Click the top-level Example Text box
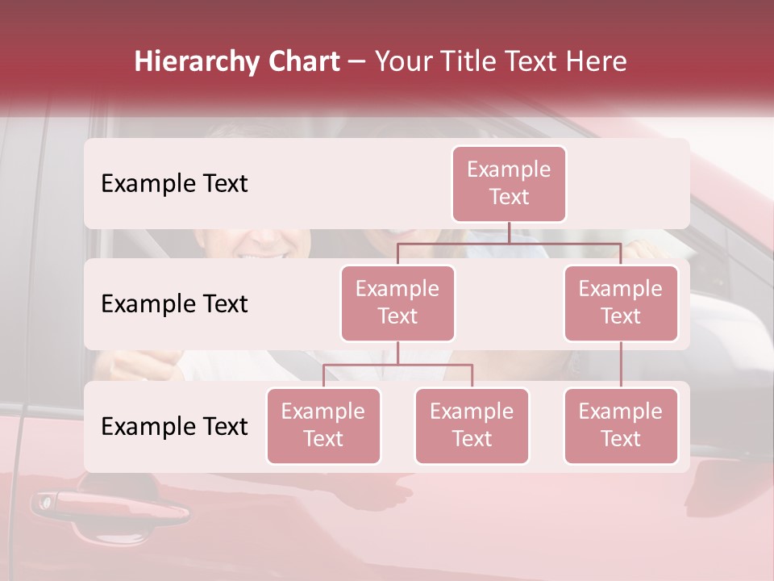click(x=509, y=184)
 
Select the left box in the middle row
click(x=397, y=303)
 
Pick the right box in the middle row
click(x=621, y=303)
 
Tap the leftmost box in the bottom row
click(x=323, y=426)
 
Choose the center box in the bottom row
click(x=472, y=426)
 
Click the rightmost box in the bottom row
click(x=621, y=426)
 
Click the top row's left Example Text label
click(x=174, y=184)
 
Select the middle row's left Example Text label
click(x=174, y=304)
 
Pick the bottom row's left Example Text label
click(x=174, y=427)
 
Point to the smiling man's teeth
click(x=263, y=255)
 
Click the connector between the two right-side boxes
click(x=621, y=365)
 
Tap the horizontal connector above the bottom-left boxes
click(x=397, y=365)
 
